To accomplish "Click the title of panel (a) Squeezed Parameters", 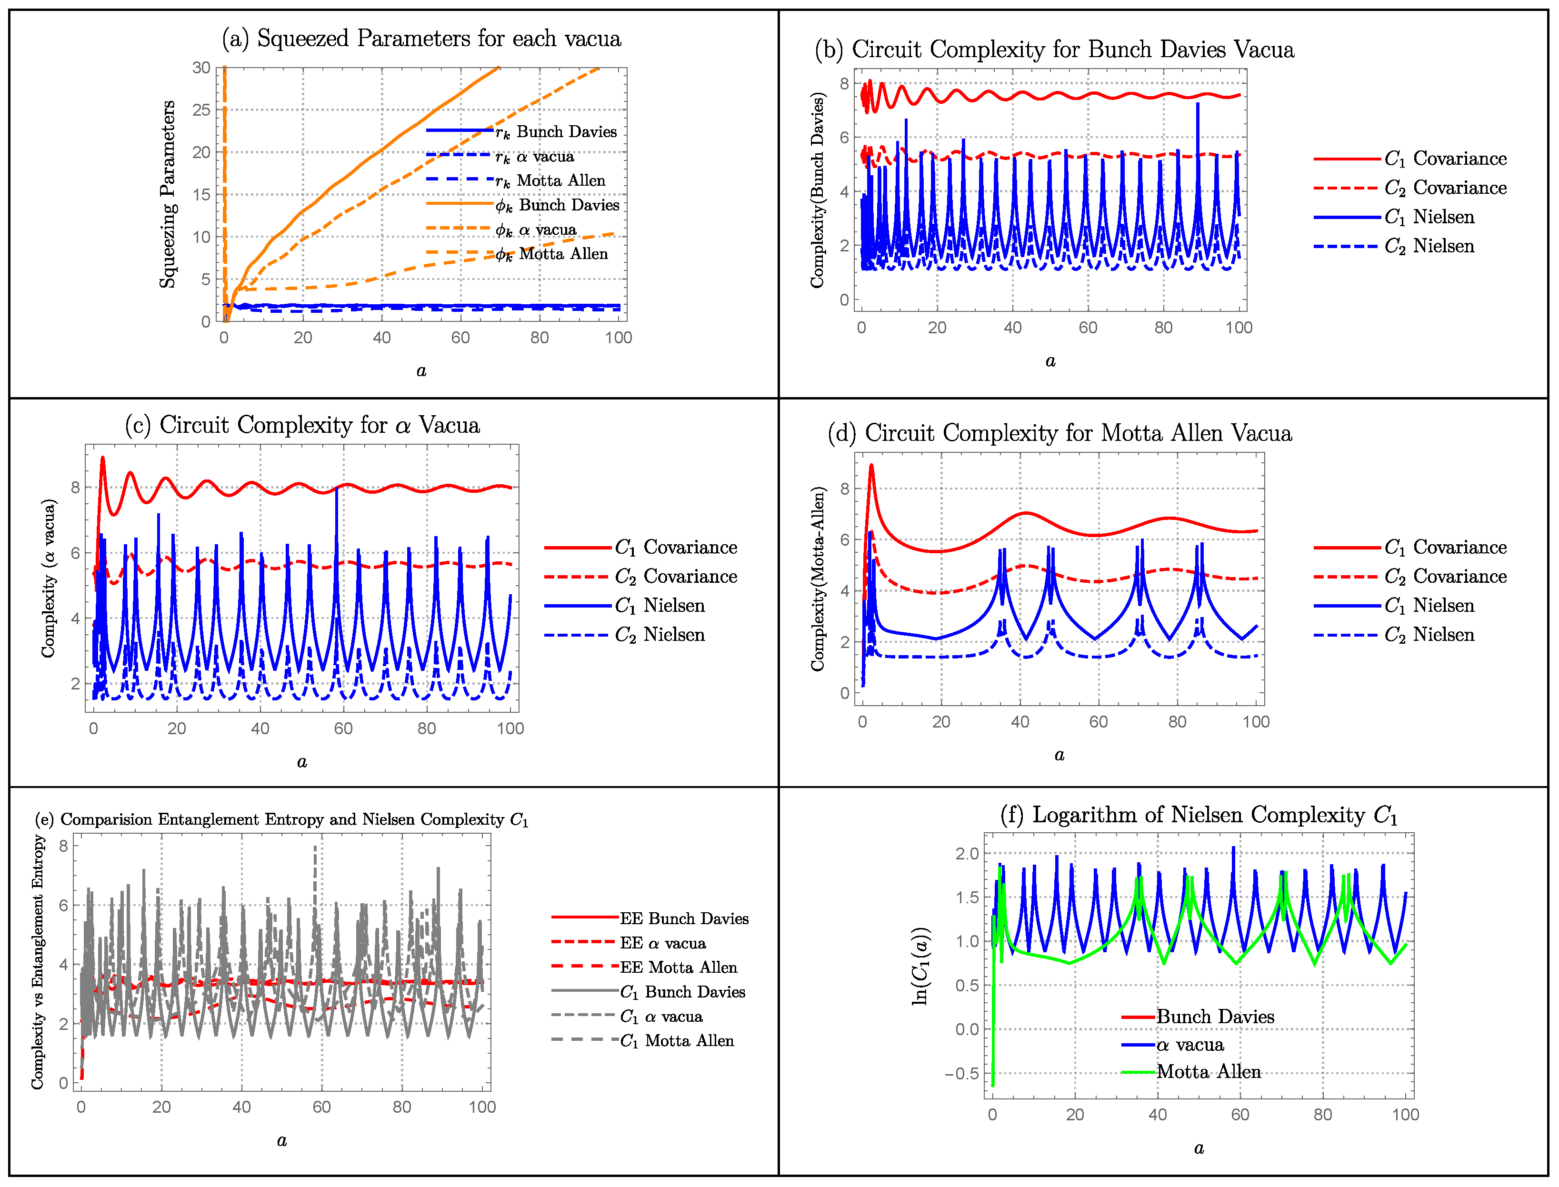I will point(421,39).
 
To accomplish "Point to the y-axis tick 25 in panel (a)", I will point(201,110).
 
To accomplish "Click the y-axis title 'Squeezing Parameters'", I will point(168,194).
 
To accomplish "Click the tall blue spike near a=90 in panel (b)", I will point(1197,106).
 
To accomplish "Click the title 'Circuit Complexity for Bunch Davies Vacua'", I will point(1054,50).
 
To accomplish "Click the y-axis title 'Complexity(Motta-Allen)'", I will point(818,579).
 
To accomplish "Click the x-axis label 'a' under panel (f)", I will point(1199,1148).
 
